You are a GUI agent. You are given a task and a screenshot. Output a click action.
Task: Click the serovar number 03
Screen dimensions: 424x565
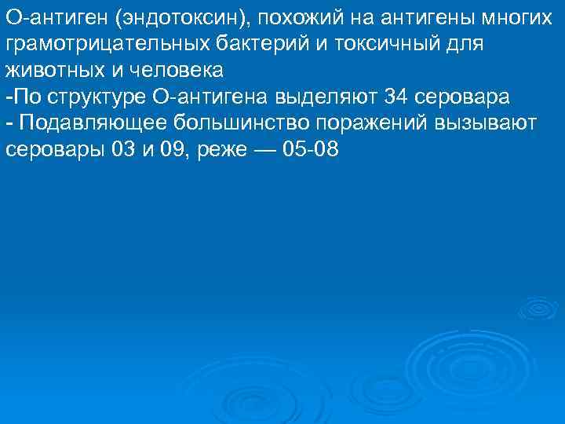pyautogui.click(x=124, y=150)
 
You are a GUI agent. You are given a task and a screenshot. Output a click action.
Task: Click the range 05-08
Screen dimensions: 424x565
pyautogui.click(x=311, y=150)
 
